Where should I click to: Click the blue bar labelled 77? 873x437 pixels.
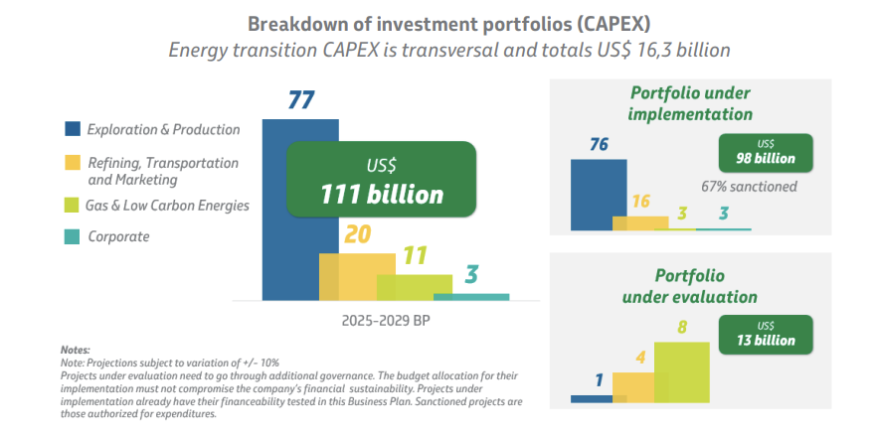click(289, 218)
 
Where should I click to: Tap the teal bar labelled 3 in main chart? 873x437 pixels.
click(471, 296)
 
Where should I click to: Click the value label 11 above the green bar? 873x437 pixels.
click(416, 255)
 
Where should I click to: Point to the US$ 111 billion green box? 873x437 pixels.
click(381, 180)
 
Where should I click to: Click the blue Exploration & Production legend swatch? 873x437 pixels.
click(73, 129)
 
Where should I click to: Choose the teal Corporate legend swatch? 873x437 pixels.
click(73, 237)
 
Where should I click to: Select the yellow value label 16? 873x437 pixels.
click(640, 202)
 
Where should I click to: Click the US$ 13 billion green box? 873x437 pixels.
click(766, 334)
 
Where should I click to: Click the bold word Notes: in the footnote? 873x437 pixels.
click(75, 350)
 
